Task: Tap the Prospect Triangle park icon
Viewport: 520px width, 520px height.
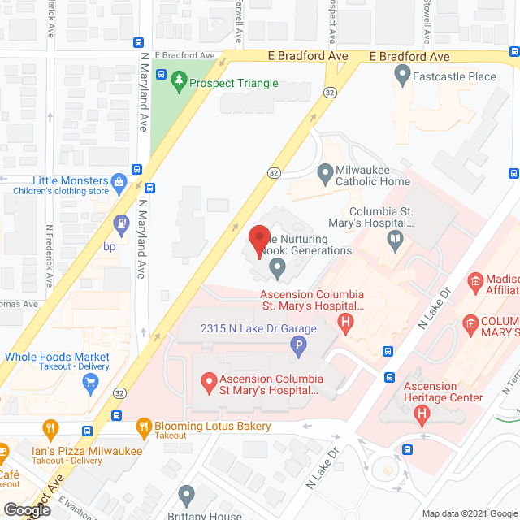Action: pos(179,82)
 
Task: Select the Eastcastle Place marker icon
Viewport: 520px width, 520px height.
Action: pos(401,76)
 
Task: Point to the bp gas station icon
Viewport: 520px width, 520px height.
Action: pos(121,220)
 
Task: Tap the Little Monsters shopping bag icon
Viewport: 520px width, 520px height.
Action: pos(119,180)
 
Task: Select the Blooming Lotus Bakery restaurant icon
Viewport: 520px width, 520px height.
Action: pos(144,425)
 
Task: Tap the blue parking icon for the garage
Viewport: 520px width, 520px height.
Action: pos(299,348)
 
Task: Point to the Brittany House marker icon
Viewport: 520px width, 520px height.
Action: pos(187,494)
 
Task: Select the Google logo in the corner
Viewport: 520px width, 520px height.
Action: pos(26,510)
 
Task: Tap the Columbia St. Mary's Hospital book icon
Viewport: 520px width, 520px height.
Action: pos(394,238)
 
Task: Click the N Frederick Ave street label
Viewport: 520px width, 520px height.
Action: pos(50,256)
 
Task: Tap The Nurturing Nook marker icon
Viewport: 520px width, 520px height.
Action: pos(278,265)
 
